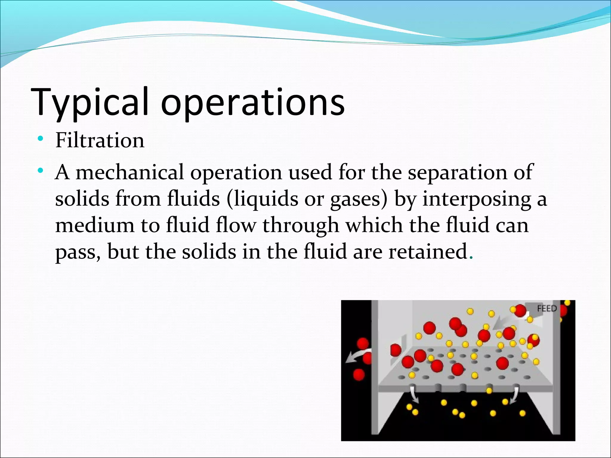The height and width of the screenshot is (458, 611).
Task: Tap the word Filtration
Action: (x=100, y=140)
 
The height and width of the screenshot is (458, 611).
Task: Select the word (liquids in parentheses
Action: (x=262, y=199)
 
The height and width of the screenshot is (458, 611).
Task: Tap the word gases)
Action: (x=359, y=199)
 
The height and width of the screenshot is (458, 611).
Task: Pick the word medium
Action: (x=95, y=225)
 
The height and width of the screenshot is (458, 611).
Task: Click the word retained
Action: (x=428, y=251)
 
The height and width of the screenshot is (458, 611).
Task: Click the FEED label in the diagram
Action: (x=547, y=308)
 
